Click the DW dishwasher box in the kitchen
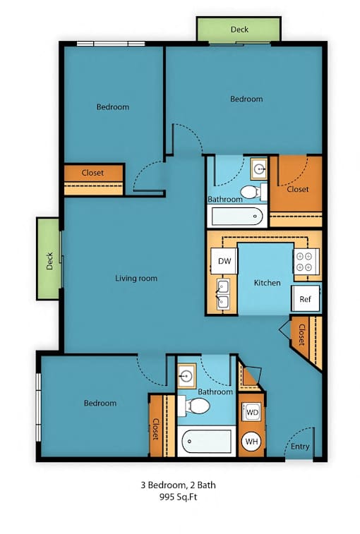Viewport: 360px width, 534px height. (224, 261)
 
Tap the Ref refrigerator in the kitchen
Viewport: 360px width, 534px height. (306, 298)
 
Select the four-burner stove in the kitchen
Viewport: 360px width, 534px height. (306, 262)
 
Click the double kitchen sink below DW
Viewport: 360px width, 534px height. (223, 294)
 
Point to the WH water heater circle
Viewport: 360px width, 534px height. (251, 442)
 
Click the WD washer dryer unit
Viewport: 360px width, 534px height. (251, 413)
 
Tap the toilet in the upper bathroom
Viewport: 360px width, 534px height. (253, 193)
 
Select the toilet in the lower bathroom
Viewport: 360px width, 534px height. (193, 406)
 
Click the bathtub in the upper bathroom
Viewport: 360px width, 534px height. (237, 217)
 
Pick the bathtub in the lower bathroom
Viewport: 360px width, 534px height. (207, 441)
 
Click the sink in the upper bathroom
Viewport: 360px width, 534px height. (259, 169)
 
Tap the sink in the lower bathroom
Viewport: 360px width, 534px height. (187, 376)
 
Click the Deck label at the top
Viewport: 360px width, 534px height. (239, 30)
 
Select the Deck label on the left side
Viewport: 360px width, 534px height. (50, 261)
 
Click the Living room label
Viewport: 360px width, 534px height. (136, 278)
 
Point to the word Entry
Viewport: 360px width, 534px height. (300, 447)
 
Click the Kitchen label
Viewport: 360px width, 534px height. (268, 283)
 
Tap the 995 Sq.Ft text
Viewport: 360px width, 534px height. (179, 497)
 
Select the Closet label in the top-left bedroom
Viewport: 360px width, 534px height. (92, 173)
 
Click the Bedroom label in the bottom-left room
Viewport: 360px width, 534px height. (100, 403)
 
